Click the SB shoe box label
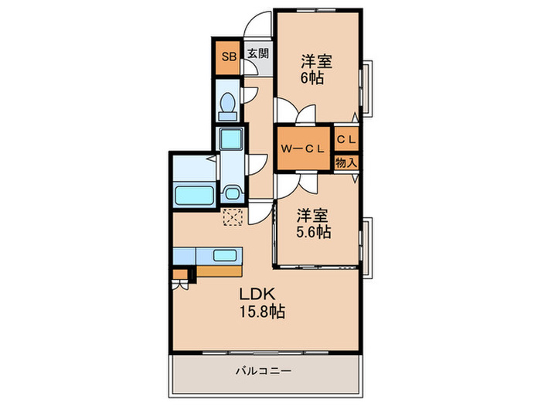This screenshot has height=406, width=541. coord(228,56)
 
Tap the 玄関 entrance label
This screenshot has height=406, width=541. coord(258,54)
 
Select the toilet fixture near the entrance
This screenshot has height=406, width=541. coord(228,107)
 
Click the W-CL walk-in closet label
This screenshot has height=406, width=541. coord(302,148)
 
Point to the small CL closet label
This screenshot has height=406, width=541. coord(346,139)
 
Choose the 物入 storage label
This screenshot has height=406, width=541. coord(346,162)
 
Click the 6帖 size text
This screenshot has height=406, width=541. coord(313,78)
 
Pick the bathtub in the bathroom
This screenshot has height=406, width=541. coord(194,195)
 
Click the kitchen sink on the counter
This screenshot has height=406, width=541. coord(224,255)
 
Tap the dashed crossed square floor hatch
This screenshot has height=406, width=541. coord(232,217)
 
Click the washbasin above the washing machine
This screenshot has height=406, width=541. coord(230,141)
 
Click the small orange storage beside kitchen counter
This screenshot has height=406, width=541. coord(180,273)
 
